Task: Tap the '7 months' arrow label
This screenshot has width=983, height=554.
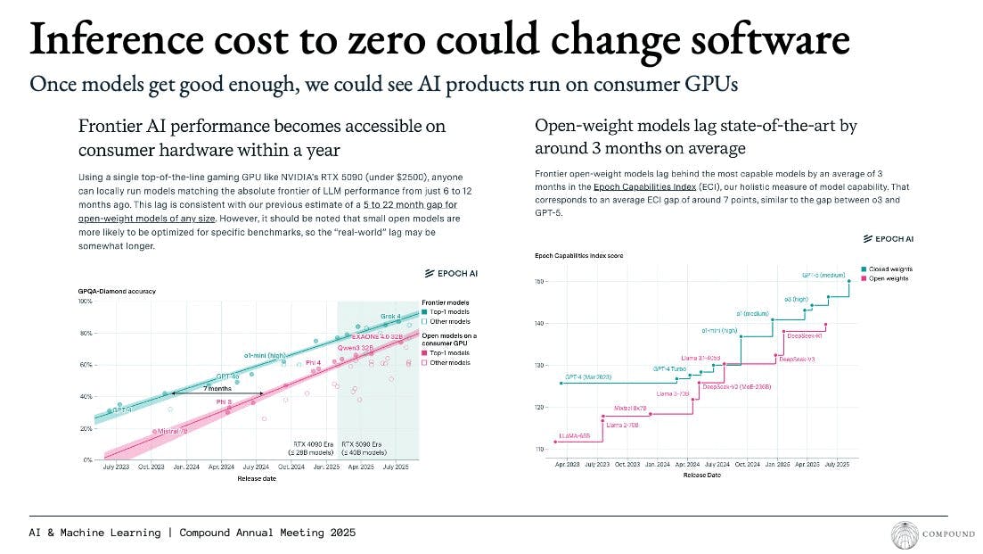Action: pyautogui.click(x=217, y=388)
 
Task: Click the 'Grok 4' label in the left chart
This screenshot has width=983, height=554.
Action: pyautogui.click(x=390, y=316)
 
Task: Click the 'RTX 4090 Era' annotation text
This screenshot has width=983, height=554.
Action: pyautogui.click(x=313, y=443)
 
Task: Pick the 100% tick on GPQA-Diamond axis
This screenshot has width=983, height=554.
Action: pyautogui.click(x=86, y=302)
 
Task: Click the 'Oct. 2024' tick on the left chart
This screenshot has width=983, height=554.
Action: pyautogui.click(x=291, y=467)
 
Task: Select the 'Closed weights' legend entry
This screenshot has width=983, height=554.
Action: pyautogui.click(x=890, y=269)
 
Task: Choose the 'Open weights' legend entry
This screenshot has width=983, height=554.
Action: pyautogui.click(x=889, y=278)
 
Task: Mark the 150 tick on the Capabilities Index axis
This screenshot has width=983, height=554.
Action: pyautogui.click(x=538, y=282)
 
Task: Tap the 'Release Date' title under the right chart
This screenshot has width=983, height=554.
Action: pyautogui.click(x=702, y=475)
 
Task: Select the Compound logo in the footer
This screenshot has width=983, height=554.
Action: pyautogui.click(x=906, y=534)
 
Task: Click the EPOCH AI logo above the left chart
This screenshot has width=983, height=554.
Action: pyautogui.click(x=451, y=273)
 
